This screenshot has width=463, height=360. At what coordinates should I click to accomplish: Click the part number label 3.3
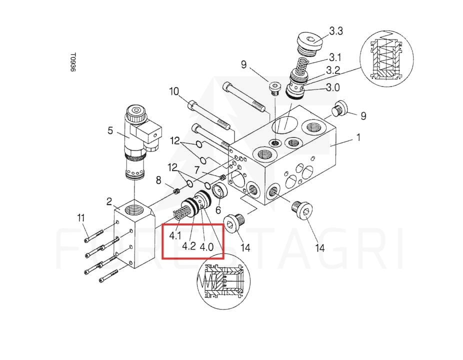[x=336, y=31]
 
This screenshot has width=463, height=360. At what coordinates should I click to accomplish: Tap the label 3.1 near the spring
[x=335, y=57]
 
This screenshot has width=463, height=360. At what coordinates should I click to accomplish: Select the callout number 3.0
[x=332, y=87]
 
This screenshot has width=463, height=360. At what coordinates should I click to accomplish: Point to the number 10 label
[x=174, y=91]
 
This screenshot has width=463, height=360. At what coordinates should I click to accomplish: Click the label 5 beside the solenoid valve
[x=110, y=130]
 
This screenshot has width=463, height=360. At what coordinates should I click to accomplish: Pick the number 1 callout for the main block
[x=358, y=137]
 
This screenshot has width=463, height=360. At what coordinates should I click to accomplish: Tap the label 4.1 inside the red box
[x=175, y=235]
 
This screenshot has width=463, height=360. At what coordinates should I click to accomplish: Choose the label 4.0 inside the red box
[x=206, y=246]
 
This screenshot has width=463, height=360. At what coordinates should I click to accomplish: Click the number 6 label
[x=218, y=210]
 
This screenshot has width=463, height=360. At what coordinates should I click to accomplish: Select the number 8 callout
[x=158, y=180]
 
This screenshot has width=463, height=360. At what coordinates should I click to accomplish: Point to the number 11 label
[x=81, y=218]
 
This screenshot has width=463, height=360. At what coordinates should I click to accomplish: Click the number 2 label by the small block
[x=109, y=201]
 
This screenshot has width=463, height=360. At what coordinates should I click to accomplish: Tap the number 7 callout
[x=197, y=170]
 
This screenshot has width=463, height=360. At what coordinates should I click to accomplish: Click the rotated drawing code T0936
[x=73, y=62]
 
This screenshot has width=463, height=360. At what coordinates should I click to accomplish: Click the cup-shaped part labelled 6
[x=220, y=191]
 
